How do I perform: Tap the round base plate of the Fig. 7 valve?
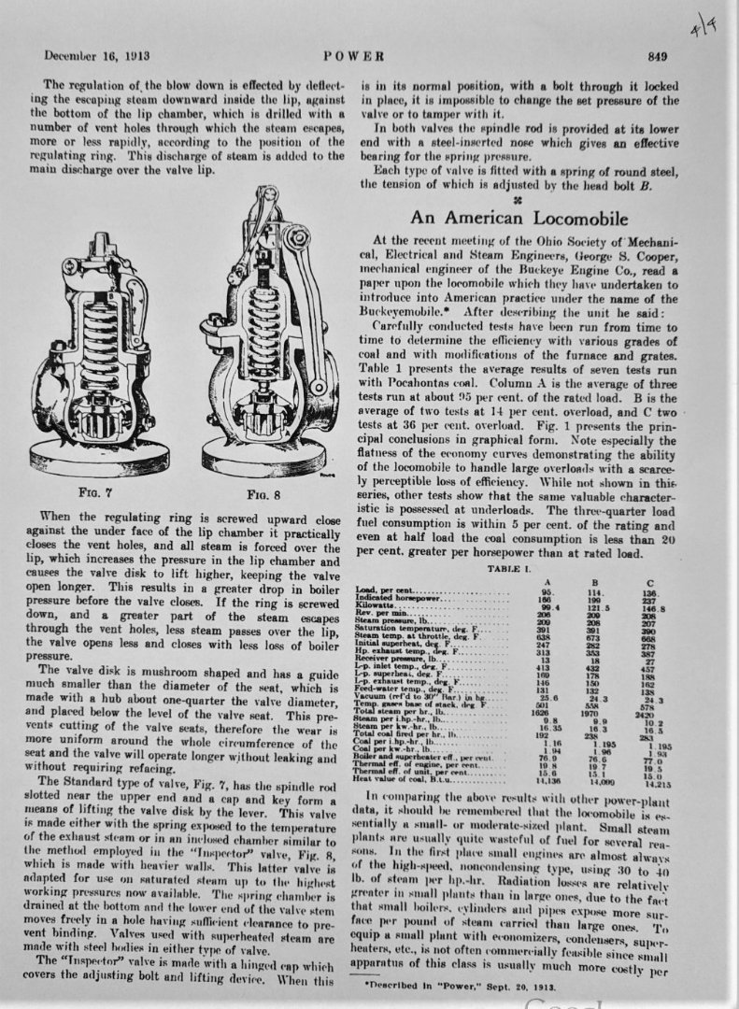[98, 453]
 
